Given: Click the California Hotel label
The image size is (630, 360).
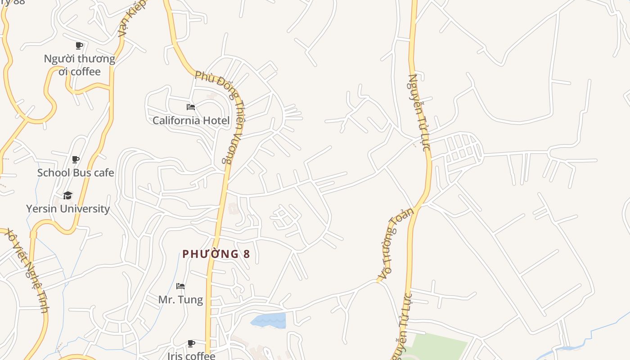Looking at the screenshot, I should point(191,120).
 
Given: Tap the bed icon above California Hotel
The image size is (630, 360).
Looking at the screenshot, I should point(191,107).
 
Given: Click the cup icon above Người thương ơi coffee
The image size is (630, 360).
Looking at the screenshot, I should point(79,45).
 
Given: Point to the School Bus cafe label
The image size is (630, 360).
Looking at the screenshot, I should point(76,173).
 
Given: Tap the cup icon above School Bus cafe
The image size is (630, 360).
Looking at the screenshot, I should point(76,159).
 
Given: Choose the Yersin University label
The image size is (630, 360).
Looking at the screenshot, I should point(68,209).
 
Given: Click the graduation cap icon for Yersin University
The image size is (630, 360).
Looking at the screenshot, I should point(68,195).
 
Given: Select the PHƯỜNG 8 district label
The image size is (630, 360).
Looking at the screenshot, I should point(216,254).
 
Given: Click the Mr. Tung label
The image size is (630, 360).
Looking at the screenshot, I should point(180,300).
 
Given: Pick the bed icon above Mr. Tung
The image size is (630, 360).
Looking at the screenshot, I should point(180,286).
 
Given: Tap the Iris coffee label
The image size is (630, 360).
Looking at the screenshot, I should point(191,356).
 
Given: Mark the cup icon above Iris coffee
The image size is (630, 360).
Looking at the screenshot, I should point(191,344).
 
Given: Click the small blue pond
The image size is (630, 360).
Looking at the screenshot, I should point(269,320).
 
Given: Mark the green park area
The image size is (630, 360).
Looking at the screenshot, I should point(439,346).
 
